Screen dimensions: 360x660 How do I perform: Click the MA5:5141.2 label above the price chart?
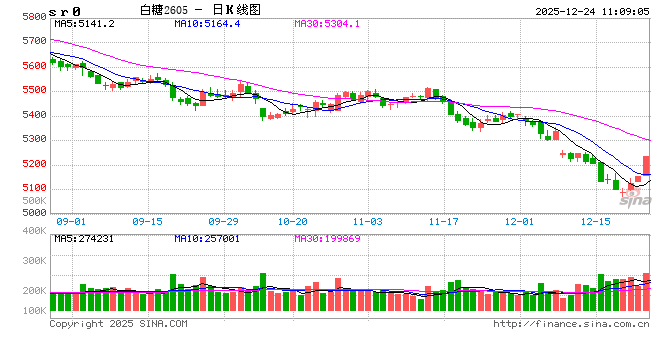[x=85, y=23]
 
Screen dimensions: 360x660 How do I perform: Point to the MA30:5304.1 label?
[x=328, y=23]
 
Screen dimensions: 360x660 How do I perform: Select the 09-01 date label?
[x=71, y=221]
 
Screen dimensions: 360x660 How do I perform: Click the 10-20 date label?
[x=293, y=221]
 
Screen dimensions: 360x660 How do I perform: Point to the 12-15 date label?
[x=596, y=221]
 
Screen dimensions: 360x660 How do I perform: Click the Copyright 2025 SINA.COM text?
[x=118, y=324]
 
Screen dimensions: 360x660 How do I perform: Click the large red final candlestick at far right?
[x=646, y=165]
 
